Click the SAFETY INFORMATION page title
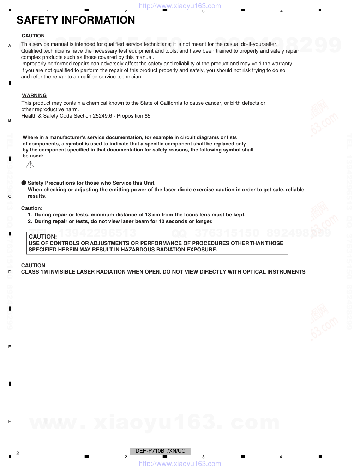[76, 20]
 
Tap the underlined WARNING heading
[34, 95]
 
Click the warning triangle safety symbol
[30, 165]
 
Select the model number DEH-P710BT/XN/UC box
[161, 451]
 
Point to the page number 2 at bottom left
[18, 453]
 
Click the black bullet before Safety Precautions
[24, 183]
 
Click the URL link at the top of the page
[180, 6]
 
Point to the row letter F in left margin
[10, 422]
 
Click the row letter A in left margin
[10, 46]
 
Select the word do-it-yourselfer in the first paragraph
[258, 44]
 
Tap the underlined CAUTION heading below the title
[33, 36]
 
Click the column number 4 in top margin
[281, 11]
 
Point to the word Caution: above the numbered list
[32, 208]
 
